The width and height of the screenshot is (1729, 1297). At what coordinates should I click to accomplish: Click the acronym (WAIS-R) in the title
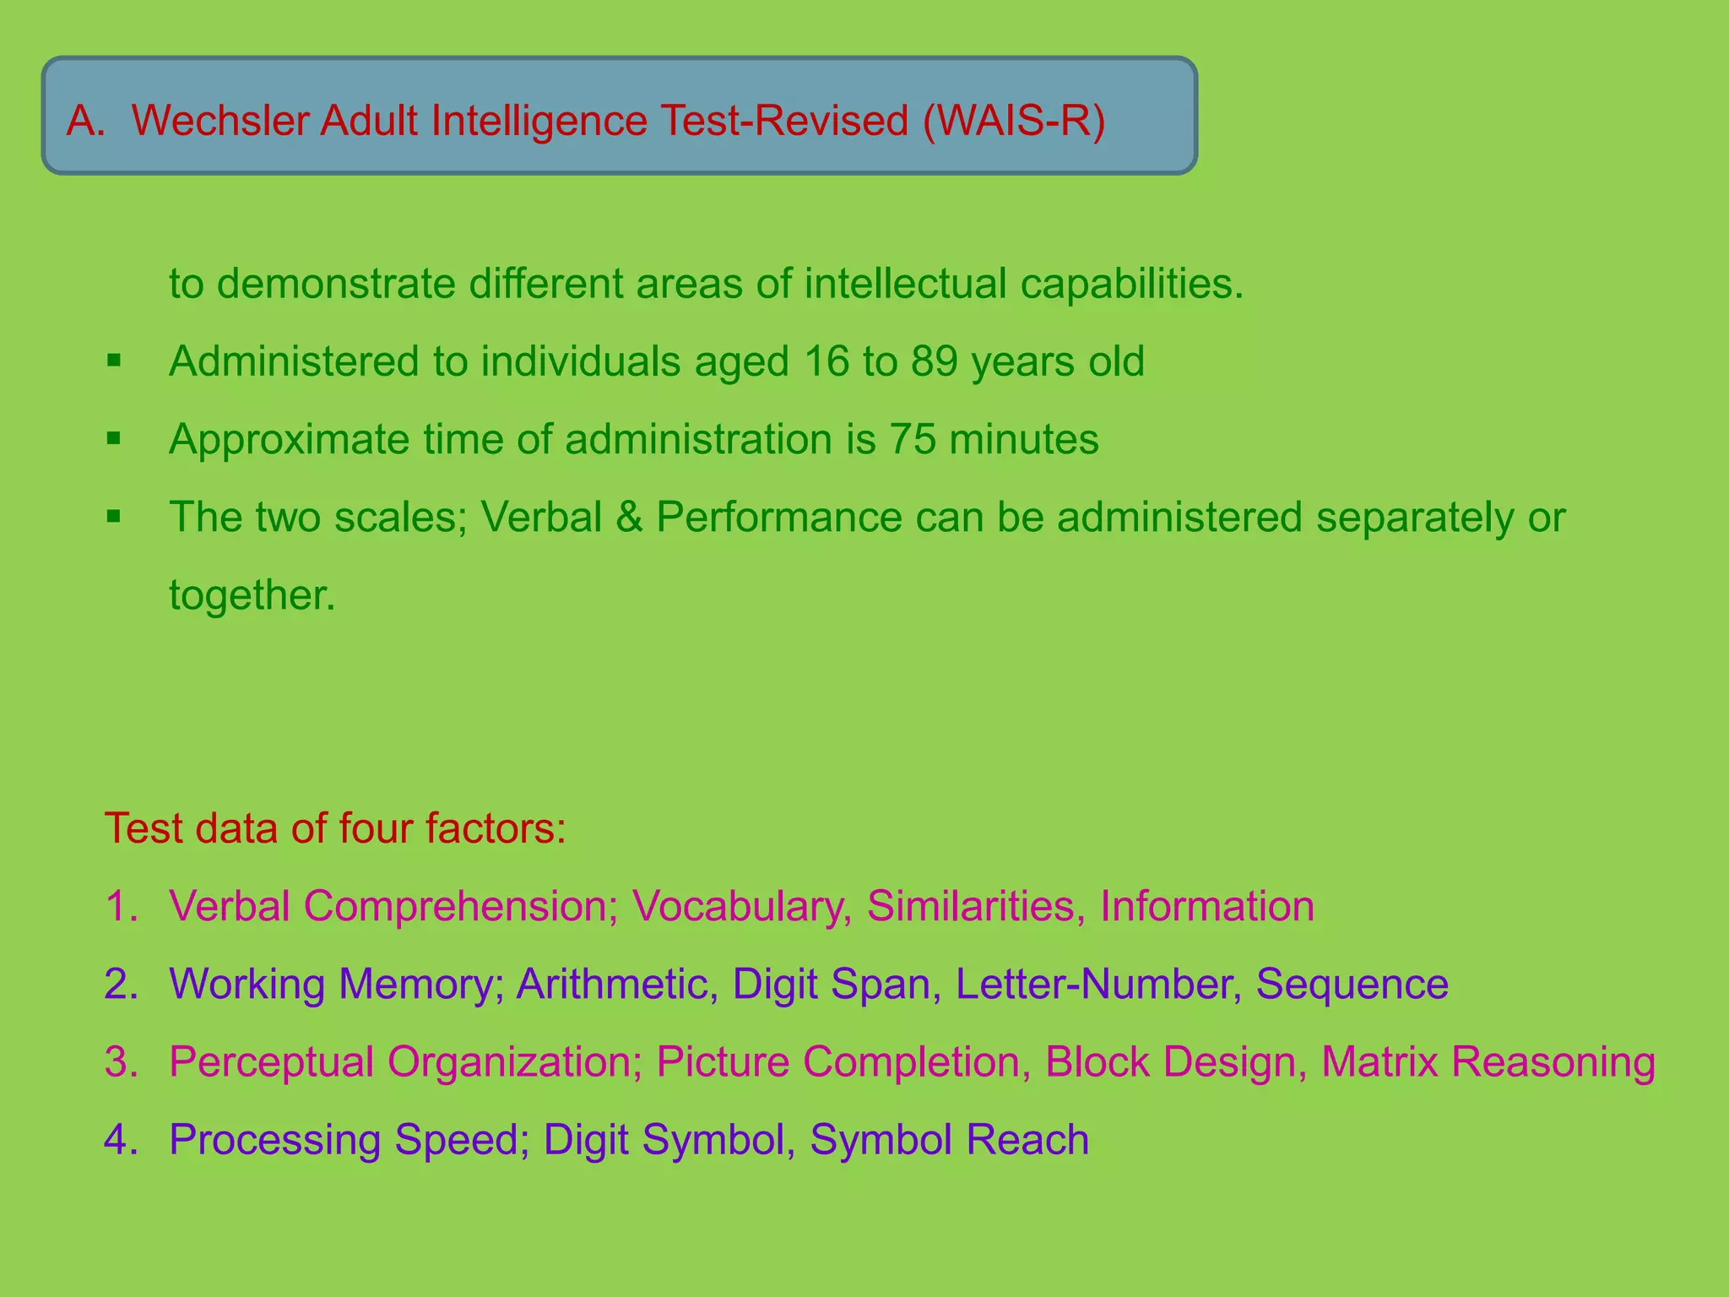1013,121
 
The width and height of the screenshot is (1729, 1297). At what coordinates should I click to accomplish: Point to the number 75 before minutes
912,439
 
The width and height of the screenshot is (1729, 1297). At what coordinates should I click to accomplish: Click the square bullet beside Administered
114,361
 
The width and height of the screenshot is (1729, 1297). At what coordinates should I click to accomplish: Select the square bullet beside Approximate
114,439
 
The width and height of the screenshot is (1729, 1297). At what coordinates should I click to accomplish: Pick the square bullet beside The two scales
114,517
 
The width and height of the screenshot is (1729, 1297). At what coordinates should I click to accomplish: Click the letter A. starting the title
86,121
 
